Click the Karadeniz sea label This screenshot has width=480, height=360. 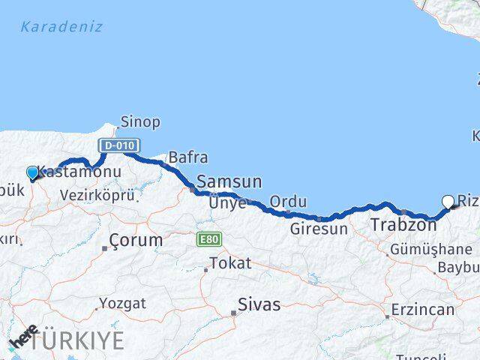click(x=61, y=27)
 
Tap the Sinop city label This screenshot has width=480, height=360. click(x=140, y=121)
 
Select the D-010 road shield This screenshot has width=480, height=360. click(x=118, y=144)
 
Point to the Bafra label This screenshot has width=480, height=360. click(x=187, y=157)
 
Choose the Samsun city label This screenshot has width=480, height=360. click(x=229, y=182)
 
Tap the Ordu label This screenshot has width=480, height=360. click(x=289, y=202)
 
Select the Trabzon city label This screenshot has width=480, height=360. click(x=403, y=224)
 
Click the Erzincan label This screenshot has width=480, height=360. click(x=423, y=309)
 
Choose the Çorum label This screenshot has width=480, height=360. click(x=136, y=241)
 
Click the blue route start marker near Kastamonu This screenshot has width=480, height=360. click(x=32, y=173)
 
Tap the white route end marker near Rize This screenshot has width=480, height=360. click(x=448, y=201)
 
